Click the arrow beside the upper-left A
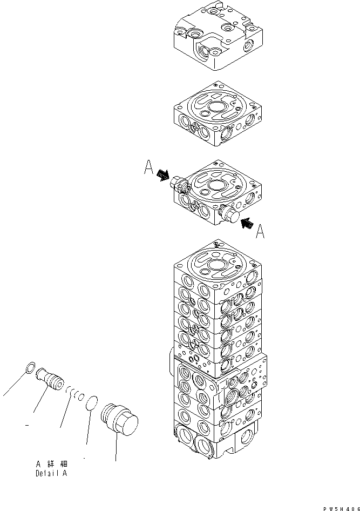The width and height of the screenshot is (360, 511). [x=162, y=175]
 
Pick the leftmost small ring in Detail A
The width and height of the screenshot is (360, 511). [x=31, y=369]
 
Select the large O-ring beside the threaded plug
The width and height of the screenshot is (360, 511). [x=92, y=402]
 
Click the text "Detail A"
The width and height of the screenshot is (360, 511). [x=52, y=474]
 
